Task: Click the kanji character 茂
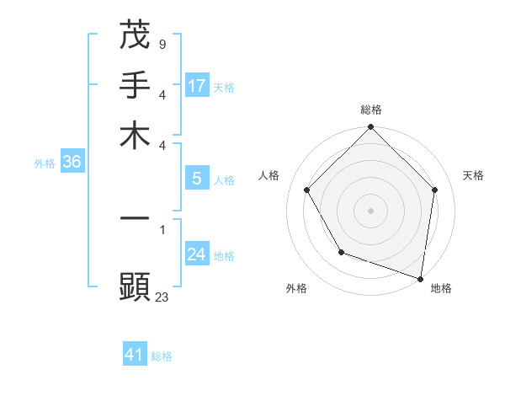(135, 35)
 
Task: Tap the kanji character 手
(135, 85)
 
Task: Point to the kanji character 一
(135, 218)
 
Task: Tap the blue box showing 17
(197, 86)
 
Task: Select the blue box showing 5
(197, 179)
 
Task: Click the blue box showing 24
(197, 254)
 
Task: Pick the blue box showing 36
(72, 163)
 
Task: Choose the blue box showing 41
(135, 355)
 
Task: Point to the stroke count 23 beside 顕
(162, 297)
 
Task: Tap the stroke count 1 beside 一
(162, 228)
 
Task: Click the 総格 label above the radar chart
(371, 110)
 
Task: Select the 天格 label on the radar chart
(474, 175)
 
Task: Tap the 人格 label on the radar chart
(269, 175)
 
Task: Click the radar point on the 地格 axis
(421, 278)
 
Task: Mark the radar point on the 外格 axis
(341, 252)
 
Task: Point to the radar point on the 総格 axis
(371, 128)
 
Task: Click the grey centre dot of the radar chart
(371, 210)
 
